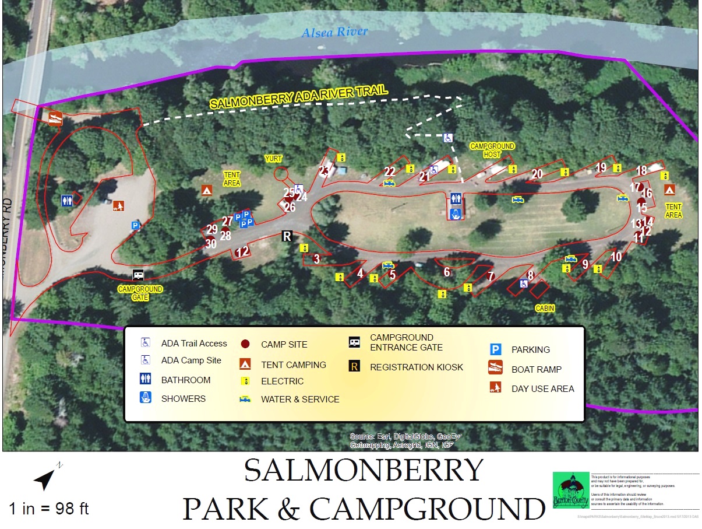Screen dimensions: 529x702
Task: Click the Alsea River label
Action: click(x=334, y=32)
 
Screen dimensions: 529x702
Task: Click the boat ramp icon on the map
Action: click(x=55, y=117)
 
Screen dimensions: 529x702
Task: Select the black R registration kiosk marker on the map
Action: click(x=287, y=236)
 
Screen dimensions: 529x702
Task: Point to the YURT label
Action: click(x=273, y=158)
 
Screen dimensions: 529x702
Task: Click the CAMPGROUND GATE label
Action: click(x=140, y=293)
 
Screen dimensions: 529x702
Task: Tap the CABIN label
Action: click(x=545, y=308)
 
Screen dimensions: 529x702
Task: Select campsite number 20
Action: click(x=537, y=174)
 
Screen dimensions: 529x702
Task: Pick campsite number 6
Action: click(x=447, y=272)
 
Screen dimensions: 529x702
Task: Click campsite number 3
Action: click(x=317, y=258)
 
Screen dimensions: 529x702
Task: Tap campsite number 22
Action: click(x=390, y=171)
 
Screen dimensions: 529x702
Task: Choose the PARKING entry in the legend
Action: click(x=530, y=350)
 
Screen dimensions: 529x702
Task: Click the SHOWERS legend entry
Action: click(x=183, y=399)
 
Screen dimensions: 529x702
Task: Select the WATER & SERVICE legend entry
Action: click(x=299, y=400)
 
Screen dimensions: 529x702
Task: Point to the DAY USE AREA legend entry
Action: click(x=542, y=388)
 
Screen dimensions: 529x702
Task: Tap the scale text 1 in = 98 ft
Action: click(x=49, y=508)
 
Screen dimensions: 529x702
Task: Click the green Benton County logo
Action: click(x=570, y=490)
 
